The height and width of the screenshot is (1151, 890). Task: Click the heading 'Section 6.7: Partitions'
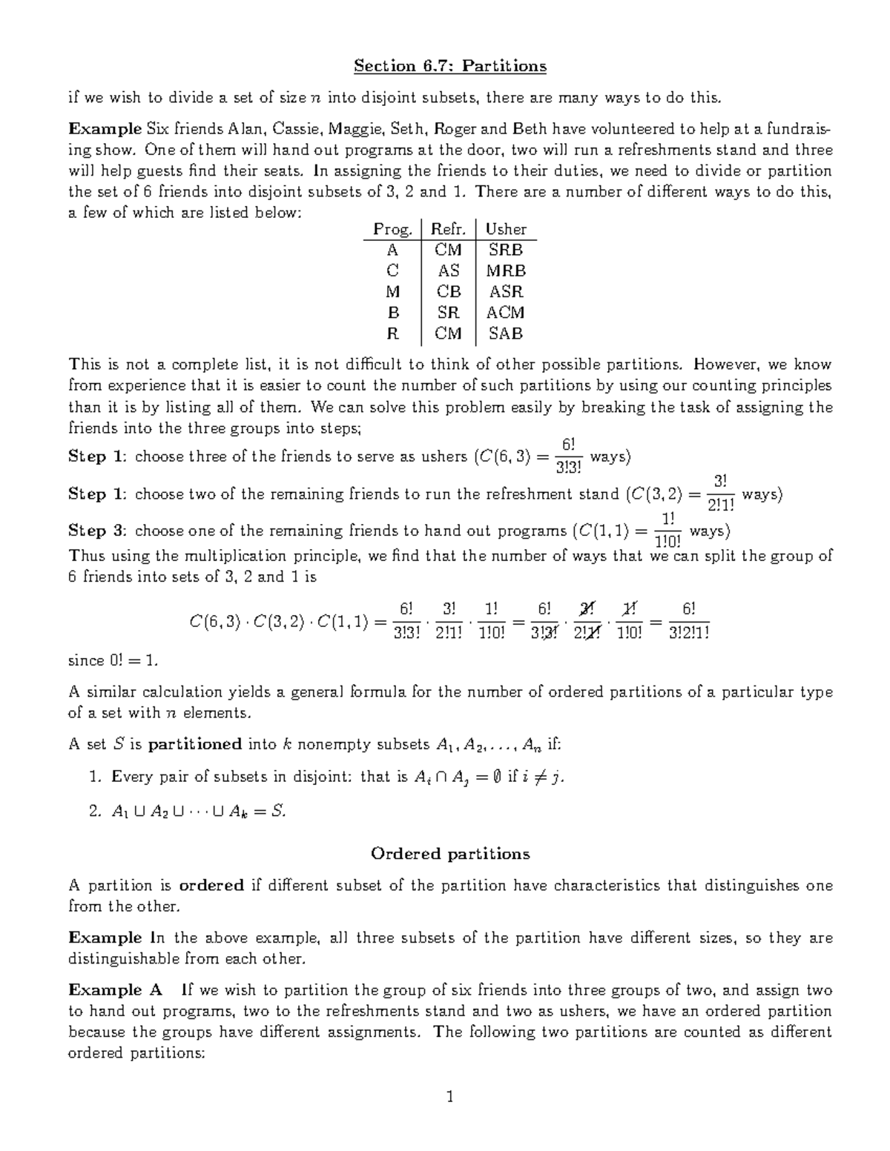449,67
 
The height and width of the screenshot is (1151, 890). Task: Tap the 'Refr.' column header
448,230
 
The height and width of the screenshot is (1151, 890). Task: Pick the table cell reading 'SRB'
505,251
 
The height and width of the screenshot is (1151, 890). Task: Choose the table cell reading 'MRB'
505,271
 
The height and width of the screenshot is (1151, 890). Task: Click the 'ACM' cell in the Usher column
505,313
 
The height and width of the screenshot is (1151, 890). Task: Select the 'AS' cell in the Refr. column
448,271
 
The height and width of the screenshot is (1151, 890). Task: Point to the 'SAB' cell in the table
505,334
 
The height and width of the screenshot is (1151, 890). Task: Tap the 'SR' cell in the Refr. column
448,313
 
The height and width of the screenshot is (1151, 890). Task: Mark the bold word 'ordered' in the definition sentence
211,886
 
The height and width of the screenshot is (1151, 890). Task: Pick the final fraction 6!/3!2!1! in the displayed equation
688,620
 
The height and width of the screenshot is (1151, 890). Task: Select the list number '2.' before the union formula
94,812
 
